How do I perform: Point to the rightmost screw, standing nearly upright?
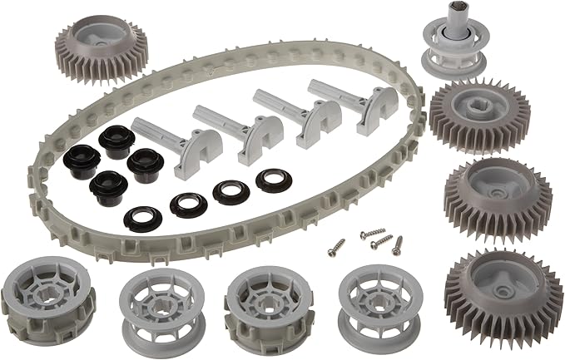tap(397, 244)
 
